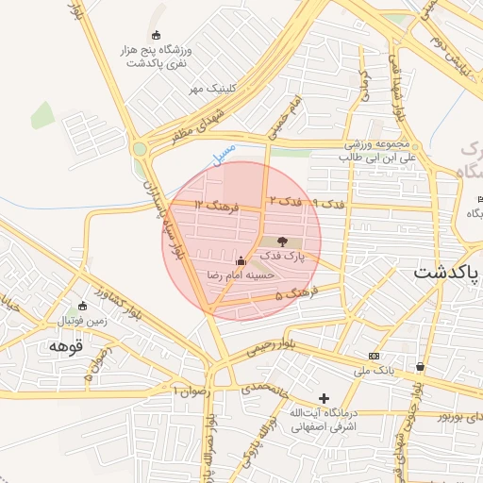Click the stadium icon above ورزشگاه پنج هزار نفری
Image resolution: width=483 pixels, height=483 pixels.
click(156, 35)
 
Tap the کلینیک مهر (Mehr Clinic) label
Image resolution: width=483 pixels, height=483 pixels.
click(210, 88)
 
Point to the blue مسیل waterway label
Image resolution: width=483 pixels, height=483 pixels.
click(224, 158)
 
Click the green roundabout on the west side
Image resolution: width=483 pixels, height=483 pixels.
click(141, 148)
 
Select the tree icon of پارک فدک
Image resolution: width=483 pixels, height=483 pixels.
click(284, 242)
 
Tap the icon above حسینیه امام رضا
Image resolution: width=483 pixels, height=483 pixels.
click(240, 260)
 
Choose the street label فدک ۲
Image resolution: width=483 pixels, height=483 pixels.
click(285, 201)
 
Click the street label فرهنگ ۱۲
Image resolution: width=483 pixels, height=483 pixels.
click(211, 205)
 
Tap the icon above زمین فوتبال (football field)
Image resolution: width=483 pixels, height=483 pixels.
click(82, 306)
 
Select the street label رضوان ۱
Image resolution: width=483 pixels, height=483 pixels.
click(189, 389)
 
